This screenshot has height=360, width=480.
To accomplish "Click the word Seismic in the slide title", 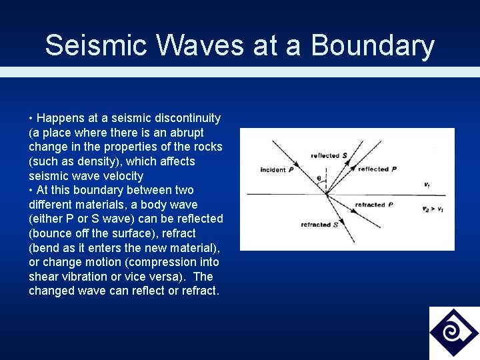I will pos(87,45).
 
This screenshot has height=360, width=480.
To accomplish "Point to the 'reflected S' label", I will pos(329,155).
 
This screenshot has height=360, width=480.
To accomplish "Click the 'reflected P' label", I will pos(377,169).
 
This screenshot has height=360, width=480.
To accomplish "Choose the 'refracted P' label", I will pos(373,205).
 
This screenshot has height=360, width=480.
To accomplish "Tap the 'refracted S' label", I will pos(319,225).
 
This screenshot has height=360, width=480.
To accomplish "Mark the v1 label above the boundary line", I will pos(427,185).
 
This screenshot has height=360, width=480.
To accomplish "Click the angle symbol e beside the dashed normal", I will pos(319,178).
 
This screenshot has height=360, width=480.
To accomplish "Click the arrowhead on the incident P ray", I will pos(294,163).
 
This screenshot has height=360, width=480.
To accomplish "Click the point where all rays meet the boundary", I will pos(326,194).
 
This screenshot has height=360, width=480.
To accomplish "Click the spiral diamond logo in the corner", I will pos(454,333).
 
